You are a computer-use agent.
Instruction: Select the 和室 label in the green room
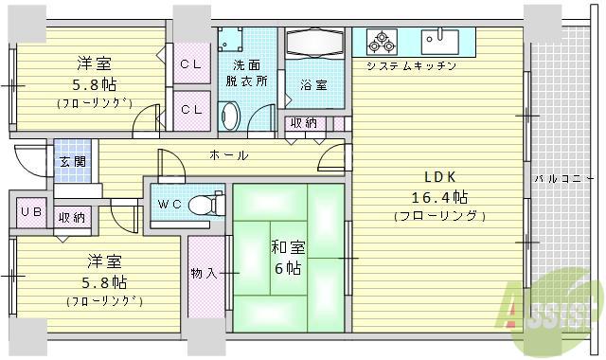(x=289, y=247)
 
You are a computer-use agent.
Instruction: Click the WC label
(x=169, y=203)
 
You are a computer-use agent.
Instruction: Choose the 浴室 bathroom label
(x=314, y=85)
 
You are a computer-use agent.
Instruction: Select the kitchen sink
(x=439, y=42)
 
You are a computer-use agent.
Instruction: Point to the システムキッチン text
(x=412, y=66)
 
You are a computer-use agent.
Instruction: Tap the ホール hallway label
(x=228, y=154)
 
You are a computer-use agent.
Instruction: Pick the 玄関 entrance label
(x=72, y=162)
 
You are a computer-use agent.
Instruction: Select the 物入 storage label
(x=204, y=274)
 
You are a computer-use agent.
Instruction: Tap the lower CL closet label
(x=191, y=109)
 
